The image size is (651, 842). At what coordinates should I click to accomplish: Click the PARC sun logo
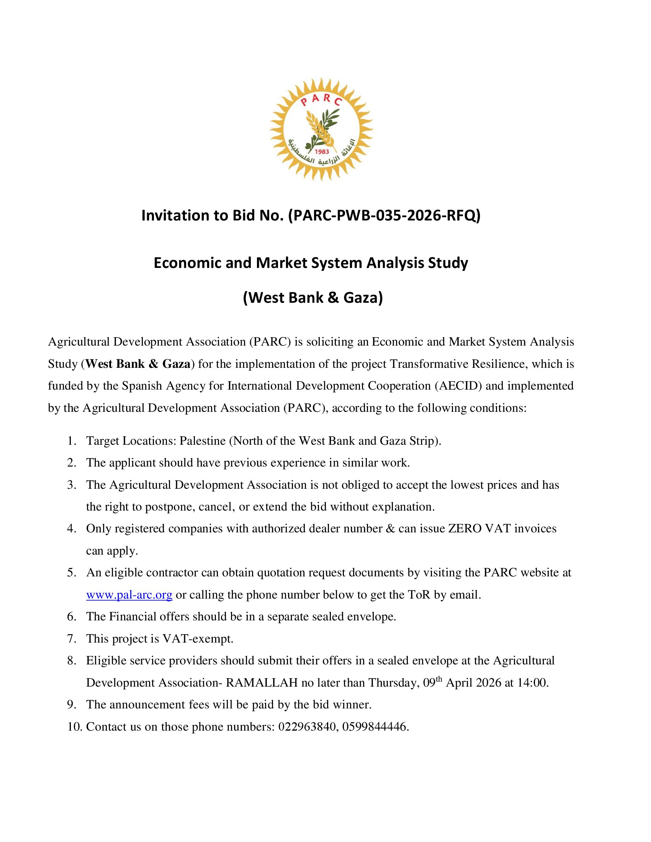tap(321, 129)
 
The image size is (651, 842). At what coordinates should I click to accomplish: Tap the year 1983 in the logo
tap(322, 152)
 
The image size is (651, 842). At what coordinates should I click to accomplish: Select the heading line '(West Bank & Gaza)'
tap(313, 298)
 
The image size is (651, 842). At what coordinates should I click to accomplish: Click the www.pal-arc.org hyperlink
tap(129, 595)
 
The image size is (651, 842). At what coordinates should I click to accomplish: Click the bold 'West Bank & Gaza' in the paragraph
tap(138, 364)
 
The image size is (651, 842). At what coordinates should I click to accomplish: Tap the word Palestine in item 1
tap(203, 441)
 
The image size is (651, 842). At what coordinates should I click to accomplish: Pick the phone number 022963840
tap(307, 727)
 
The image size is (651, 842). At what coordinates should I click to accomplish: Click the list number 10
tap(74, 727)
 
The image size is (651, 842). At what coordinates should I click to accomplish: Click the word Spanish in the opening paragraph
tap(142, 386)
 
